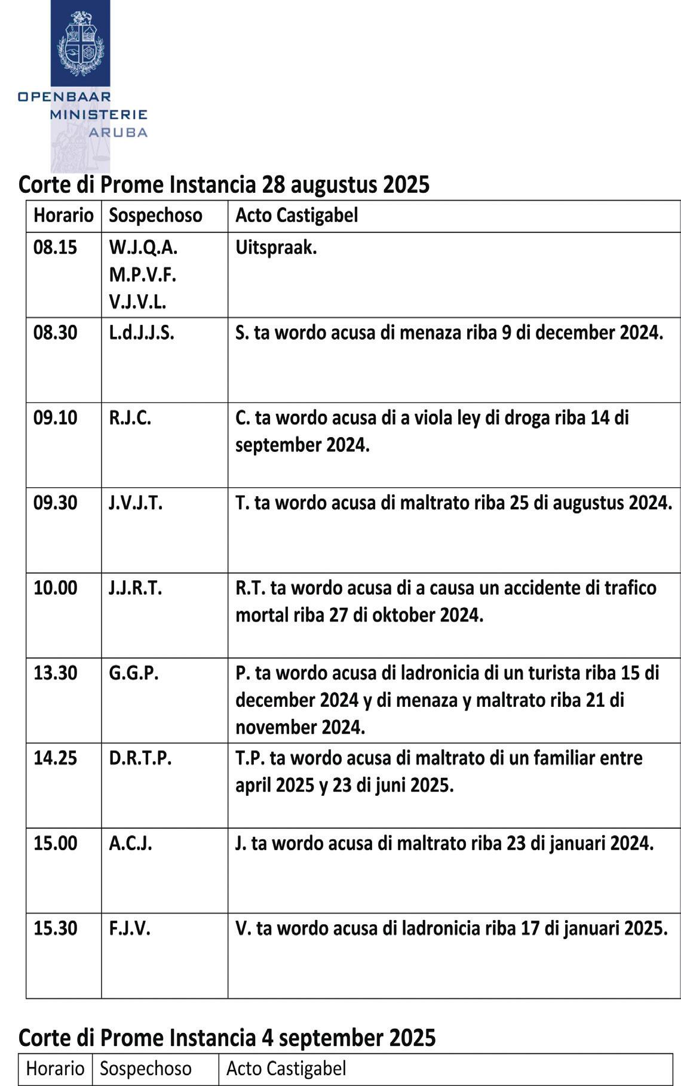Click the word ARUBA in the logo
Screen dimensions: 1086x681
(x=118, y=132)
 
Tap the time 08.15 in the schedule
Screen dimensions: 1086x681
(x=55, y=247)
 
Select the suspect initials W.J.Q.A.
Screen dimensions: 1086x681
(x=143, y=247)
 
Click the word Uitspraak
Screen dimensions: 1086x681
(x=276, y=247)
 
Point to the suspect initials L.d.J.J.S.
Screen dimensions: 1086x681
(x=142, y=333)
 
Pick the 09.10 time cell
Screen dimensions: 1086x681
(x=55, y=417)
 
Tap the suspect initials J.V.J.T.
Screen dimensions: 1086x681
(x=135, y=503)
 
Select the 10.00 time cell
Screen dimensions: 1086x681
(x=55, y=587)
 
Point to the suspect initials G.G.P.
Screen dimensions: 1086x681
(x=133, y=673)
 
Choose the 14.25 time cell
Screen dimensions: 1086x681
(x=55, y=758)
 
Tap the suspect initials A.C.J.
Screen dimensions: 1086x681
(x=130, y=843)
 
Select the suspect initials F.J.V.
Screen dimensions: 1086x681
(x=129, y=928)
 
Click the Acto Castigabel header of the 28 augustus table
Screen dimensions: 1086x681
(x=296, y=215)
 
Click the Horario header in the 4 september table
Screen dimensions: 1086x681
(x=55, y=1068)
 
